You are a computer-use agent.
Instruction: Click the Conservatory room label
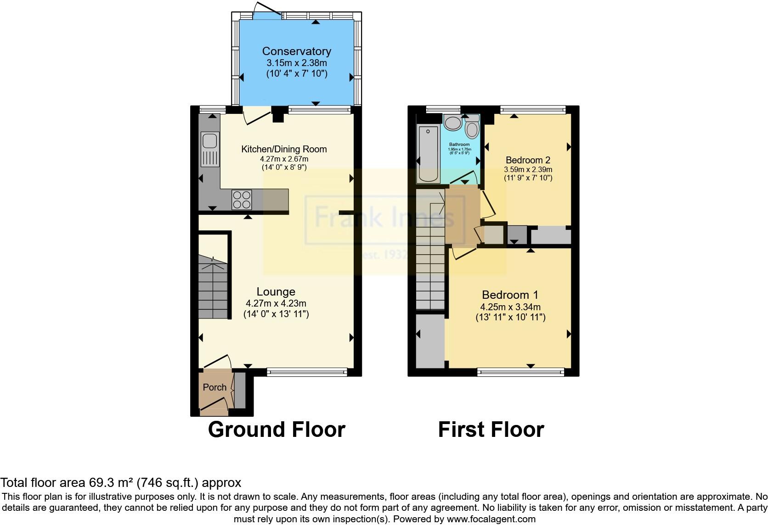point(296,51)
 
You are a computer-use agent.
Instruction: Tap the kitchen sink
point(210,149)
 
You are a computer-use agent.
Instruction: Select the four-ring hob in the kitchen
point(242,199)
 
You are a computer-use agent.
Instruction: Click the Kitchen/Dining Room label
point(284,149)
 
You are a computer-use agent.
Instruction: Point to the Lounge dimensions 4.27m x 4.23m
point(276,303)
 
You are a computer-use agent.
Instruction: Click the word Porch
point(215,387)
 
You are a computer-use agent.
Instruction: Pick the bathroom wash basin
point(453,123)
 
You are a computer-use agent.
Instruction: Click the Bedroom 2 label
point(528,160)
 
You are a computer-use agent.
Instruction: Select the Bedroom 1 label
point(510,295)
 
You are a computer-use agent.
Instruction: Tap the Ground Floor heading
point(276,430)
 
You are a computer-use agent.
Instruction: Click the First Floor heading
point(491,430)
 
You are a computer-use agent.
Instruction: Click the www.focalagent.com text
point(491,519)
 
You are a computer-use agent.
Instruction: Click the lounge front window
point(307,372)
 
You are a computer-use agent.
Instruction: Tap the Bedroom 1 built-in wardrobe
point(430,340)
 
